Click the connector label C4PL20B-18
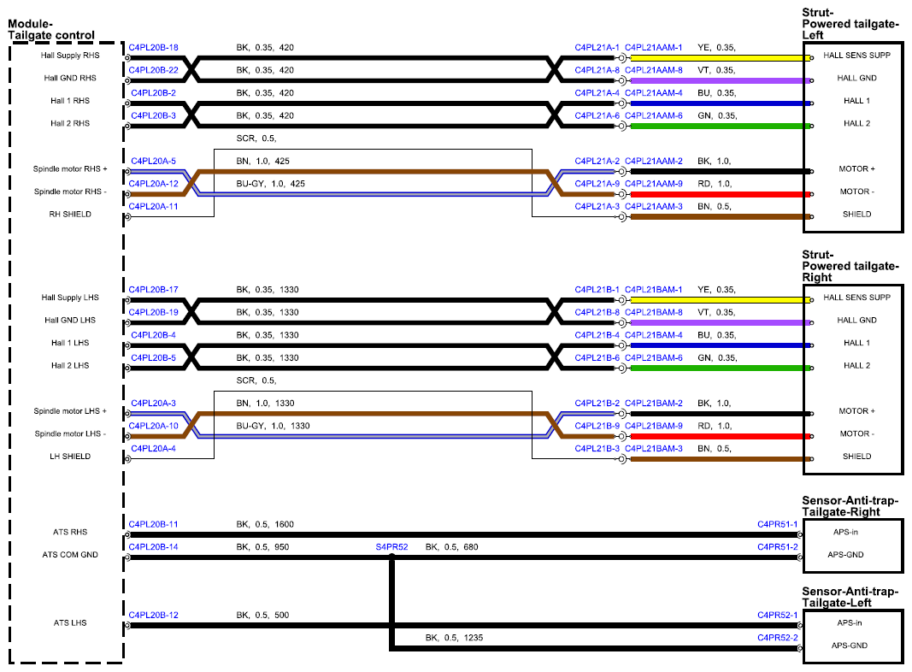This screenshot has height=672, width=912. [154, 48]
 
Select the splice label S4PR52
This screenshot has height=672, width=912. [392, 547]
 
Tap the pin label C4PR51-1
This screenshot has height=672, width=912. [778, 524]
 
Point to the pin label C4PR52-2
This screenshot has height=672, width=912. [778, 638]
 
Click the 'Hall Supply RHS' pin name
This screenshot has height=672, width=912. [70, 56]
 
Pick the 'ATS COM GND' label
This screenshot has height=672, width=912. [70, 555]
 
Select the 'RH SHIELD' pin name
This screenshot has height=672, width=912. [70, 214]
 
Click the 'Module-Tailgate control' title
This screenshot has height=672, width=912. [51, 30]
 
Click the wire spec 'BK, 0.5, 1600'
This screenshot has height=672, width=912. [265, 524]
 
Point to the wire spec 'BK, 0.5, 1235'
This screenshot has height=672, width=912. [454, 638]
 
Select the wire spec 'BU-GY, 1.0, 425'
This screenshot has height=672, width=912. [270, 184]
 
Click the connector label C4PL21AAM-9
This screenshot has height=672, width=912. [654, 184]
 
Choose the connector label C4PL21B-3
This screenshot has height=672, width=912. [597, 449]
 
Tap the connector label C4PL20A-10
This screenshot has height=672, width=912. [154, 426]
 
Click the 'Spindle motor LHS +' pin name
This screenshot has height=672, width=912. [70, 410]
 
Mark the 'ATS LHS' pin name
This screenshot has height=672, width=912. [70, 622]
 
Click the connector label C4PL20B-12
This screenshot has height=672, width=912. [154, 615]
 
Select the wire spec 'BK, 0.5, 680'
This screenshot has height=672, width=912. [452, 547]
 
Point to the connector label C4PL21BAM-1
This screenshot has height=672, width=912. [654, 290]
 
